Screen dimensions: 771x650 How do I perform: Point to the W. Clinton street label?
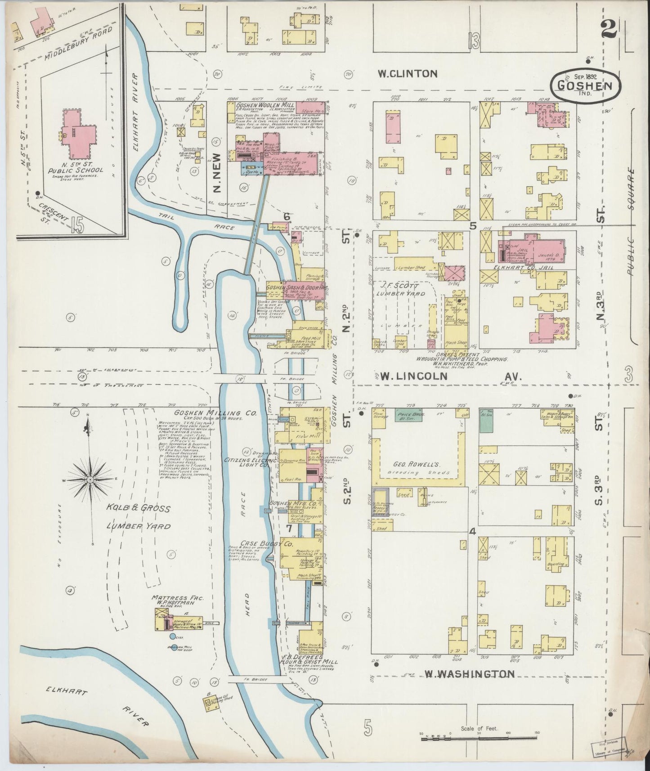(408, 73)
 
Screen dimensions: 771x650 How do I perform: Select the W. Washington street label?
(469, 674)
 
